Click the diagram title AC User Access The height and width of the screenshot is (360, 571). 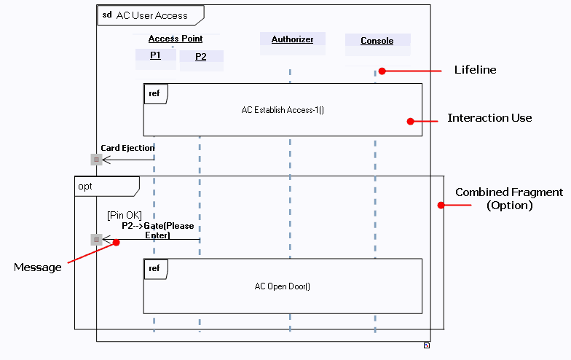(151, 15)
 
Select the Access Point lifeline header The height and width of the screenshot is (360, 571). (176, 39)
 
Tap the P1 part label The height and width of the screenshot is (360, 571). (155, 55)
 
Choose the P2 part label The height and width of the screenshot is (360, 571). (200, 57)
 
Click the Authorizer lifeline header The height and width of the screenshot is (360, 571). (292, 39)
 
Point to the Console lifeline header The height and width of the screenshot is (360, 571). (377, 41)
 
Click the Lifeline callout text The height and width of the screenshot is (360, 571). (475, 70)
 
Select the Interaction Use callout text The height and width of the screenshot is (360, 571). (489, 118)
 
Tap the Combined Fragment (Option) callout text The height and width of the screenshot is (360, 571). (509, 199)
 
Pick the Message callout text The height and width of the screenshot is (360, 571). (38, 267)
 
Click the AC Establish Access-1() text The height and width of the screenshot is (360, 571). (283, 110)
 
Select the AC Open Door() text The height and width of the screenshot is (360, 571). (283, 286)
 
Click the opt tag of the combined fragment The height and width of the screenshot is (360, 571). (86, 187)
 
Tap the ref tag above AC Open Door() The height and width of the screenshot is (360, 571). (154, 269)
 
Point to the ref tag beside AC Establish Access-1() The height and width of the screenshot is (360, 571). (154, 93)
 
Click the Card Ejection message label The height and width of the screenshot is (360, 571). (127, 148)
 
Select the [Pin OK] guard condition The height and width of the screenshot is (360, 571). (124, 215)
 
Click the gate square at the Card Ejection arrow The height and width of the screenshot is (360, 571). (96, 159)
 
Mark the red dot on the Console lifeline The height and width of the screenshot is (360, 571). (381, 71)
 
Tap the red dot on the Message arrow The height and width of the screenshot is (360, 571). (117, 243)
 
